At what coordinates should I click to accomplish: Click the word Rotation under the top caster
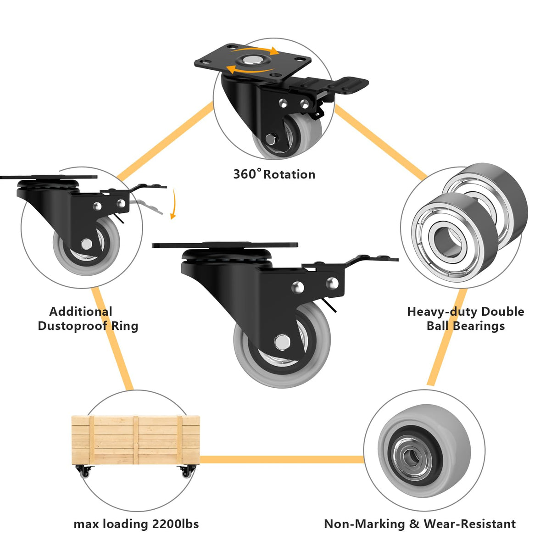[289, 175]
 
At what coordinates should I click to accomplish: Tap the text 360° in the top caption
[247, 174]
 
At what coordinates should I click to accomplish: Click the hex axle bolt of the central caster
[281, 341]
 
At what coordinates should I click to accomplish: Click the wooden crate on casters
[136, 439]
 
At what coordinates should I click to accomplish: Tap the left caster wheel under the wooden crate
[85, 471]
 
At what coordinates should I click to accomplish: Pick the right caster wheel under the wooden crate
[187, 471]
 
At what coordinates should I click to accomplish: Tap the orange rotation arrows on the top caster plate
[252, 60]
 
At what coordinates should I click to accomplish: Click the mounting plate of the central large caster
[225, 245]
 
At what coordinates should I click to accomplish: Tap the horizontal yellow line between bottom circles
[282, 459]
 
